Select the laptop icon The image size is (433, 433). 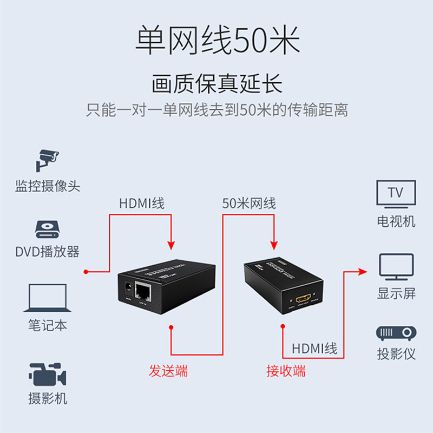coord(48,298)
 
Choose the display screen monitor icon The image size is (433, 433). coord(396,266)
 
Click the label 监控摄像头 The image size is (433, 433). coord(48,187)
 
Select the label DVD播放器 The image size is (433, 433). coord(48,252)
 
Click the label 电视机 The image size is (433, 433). coord(396,221)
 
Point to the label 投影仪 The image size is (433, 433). coord(396,355)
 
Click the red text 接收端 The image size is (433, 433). coord(286,371)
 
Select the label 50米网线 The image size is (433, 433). coord(249,204)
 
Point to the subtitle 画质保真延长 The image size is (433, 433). coord(216,85)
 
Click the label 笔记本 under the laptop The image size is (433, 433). coord(48,325)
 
